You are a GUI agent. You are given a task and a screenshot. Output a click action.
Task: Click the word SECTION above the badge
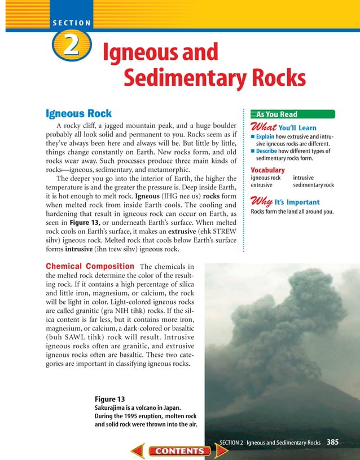(72, 23)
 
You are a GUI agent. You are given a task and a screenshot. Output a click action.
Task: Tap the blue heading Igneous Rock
(78, 113)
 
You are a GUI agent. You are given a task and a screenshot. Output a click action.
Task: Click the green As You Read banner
(276, 114)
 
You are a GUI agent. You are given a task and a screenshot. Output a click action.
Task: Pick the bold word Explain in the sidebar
(263, 137)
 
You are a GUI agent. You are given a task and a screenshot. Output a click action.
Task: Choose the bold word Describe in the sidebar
(266, 151)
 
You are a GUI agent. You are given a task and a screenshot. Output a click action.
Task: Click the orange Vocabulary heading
(267, 170)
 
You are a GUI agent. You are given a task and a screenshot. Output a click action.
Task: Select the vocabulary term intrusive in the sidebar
(305, 178)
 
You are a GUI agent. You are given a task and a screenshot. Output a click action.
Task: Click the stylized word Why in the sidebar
(261, 201)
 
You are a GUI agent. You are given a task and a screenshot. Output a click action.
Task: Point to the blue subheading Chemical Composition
(89, 266)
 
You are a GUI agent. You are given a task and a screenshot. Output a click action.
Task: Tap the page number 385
(332, 443)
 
